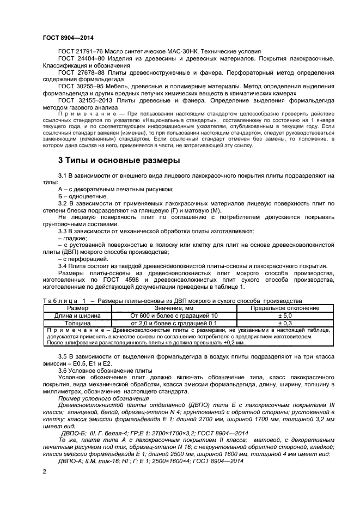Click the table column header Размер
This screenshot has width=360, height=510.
click(x=77, y=308)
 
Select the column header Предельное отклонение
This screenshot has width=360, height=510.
click(x=285, y=308)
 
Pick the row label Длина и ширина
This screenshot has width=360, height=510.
click(x=77, y=315)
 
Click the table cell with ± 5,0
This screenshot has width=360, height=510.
click(x=285, y=315)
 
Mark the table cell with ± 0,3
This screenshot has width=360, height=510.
click(x=285, y=323)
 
